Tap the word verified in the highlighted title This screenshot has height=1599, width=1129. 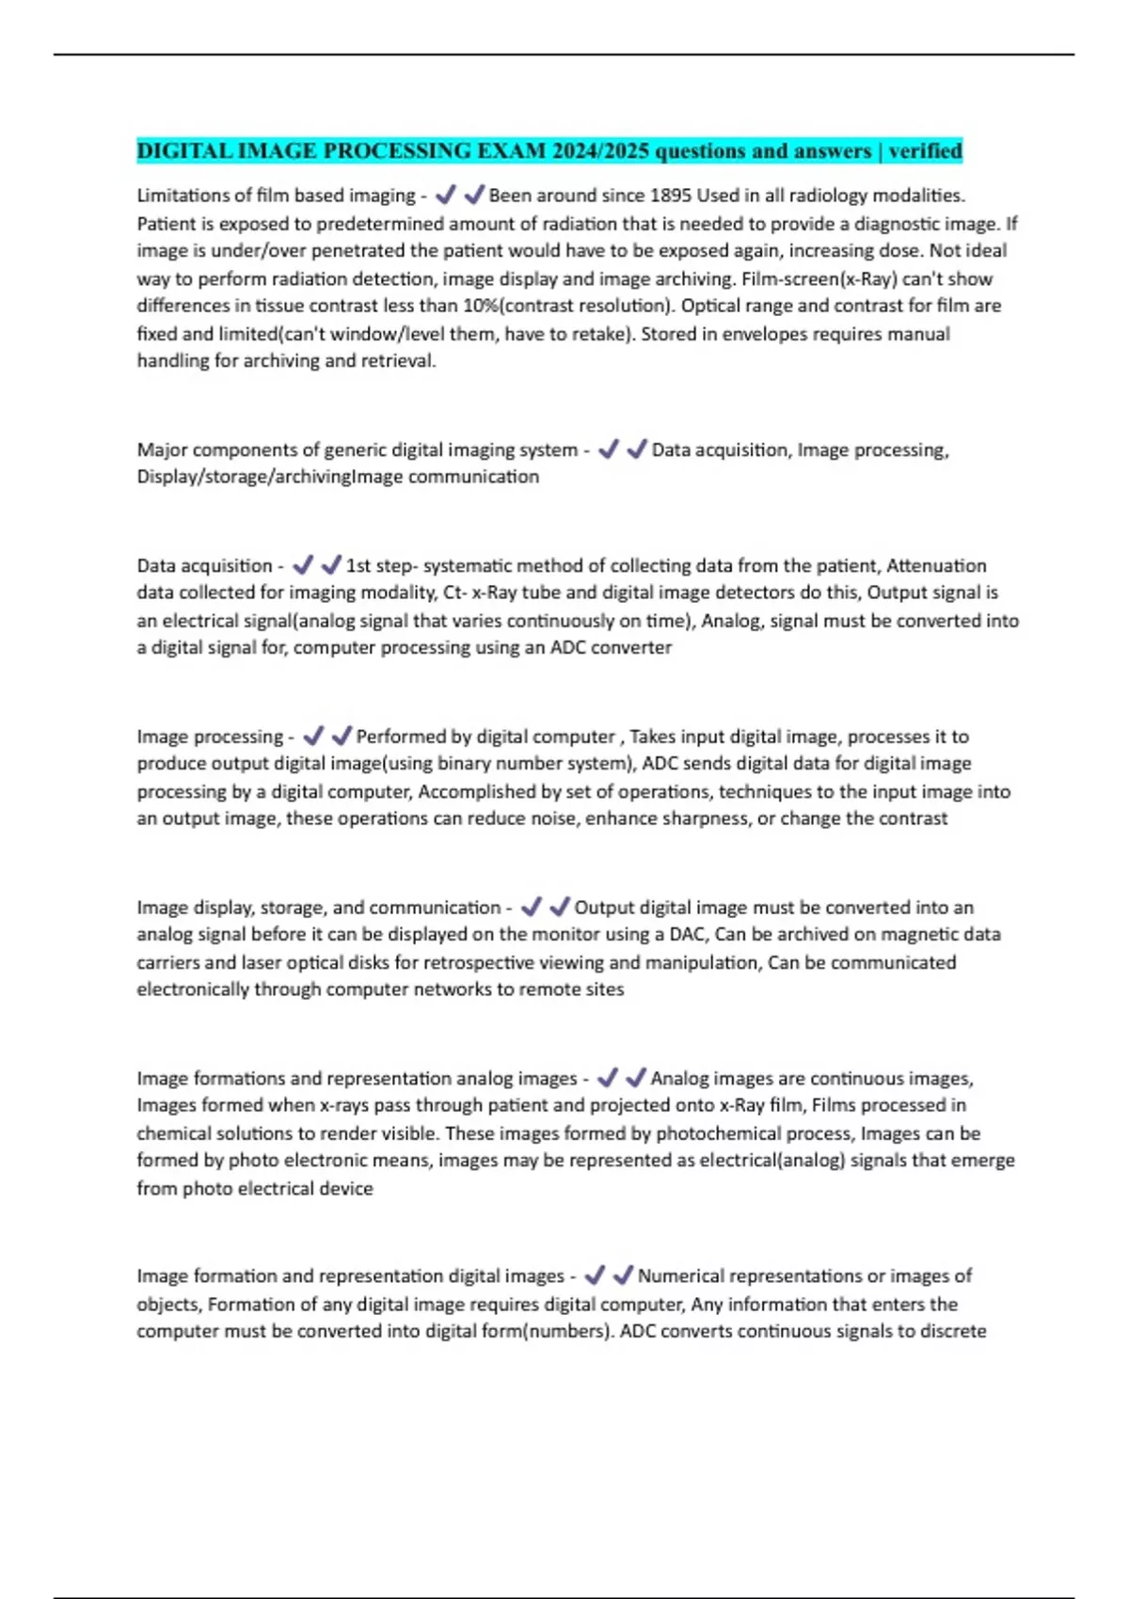925,151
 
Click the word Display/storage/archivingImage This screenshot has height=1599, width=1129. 270,477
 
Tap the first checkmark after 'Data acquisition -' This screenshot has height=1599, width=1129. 302,565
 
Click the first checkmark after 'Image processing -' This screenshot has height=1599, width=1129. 313,736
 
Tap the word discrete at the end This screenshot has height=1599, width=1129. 952,1332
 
